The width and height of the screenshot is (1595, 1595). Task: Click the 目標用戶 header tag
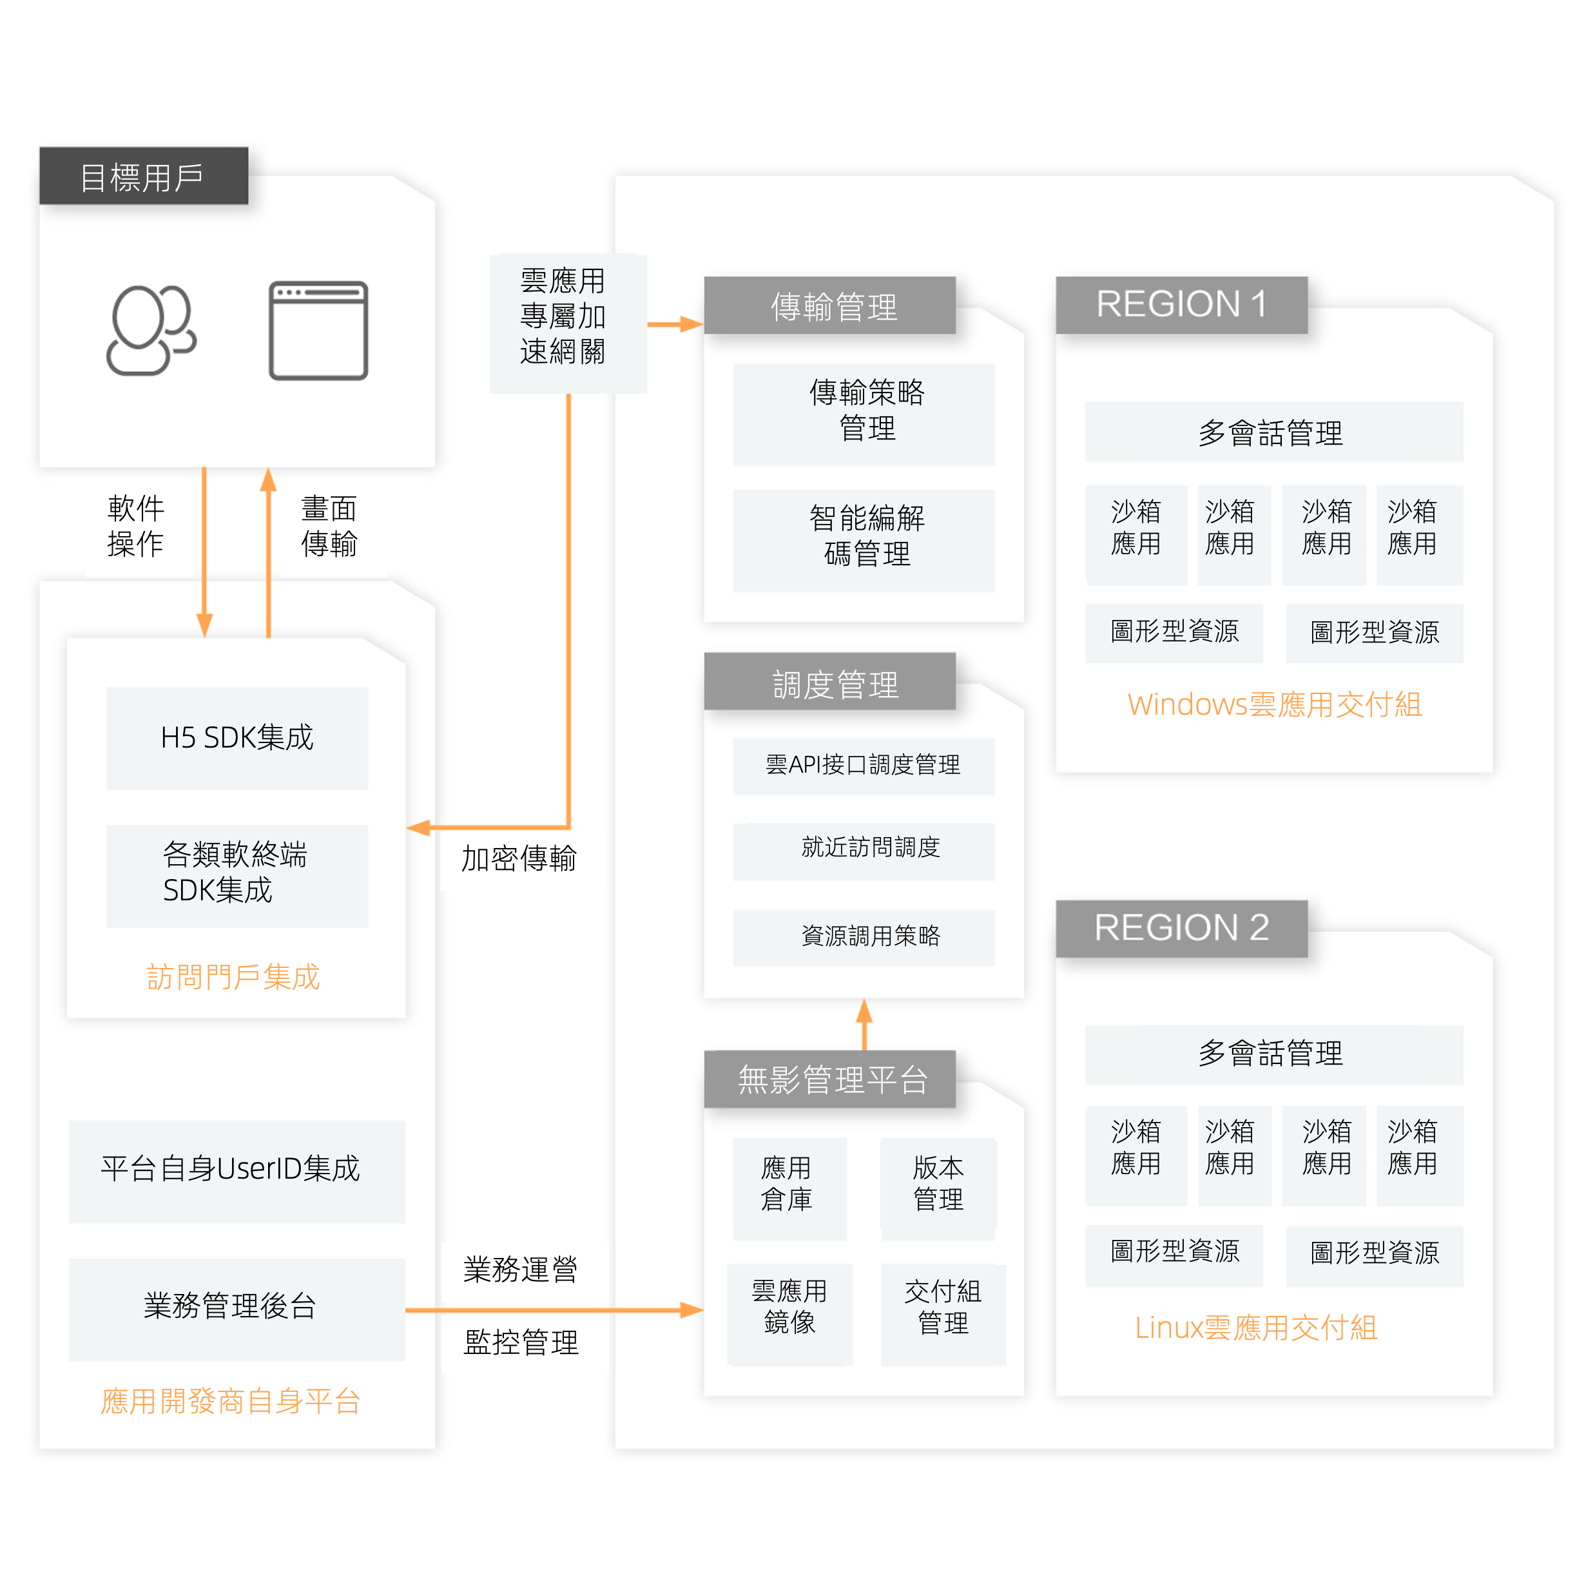(144, 177)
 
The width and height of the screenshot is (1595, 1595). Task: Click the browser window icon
(318, 330)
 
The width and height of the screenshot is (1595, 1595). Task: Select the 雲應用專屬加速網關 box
(567, 323)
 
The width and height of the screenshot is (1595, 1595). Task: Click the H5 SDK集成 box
(237, 738)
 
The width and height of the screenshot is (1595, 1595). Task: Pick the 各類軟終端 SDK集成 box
(237, 875)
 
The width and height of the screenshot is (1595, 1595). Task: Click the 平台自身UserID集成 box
(237, 1171)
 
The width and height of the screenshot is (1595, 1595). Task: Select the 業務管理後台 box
(237, 1308)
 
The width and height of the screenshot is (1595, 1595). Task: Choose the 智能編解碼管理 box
(864, 540)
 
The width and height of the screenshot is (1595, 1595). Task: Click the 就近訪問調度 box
(864, 850)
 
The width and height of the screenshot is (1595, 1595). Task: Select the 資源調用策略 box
(864, 937)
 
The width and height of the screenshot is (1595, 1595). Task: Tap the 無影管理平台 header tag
(829, 1079)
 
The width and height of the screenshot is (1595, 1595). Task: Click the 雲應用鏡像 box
(789, 1313)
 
